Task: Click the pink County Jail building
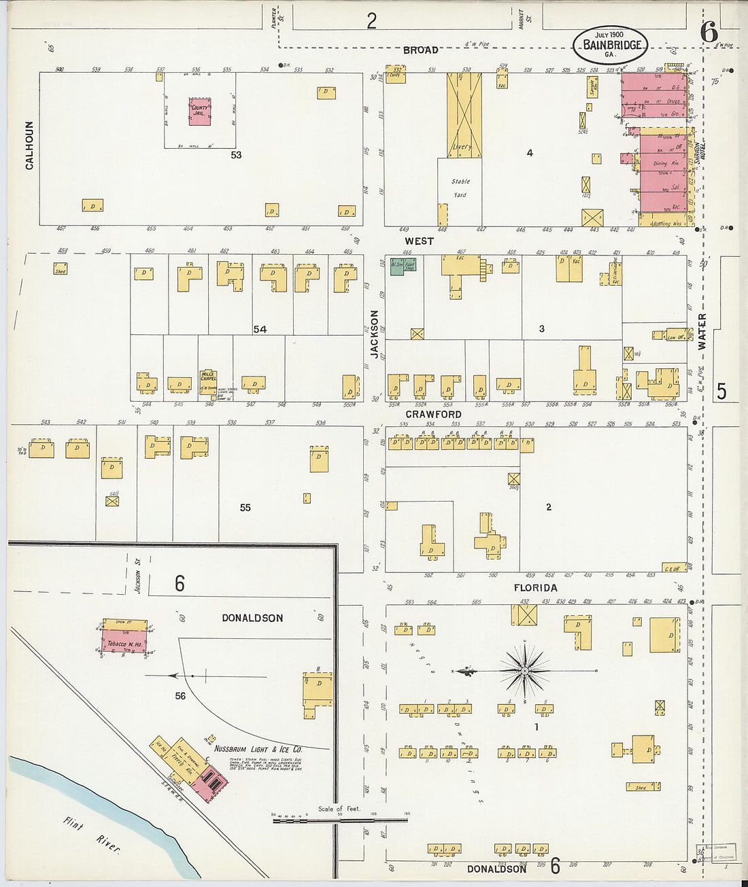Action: [x=199, y=111]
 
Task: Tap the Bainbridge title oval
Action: [x=610, y=44]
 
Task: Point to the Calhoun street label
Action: [x=29, y=145]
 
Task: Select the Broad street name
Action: [x=420, y=50]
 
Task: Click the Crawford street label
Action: [x=433, y=414]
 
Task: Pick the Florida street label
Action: [x=535, y=588]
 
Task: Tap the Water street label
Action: [x=702, y=332]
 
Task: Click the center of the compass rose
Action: [x=525, y=671]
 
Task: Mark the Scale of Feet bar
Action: [x=340, y=820]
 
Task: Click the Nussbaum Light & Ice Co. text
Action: [x=258, y=749]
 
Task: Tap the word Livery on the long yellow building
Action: [x=462, y=147]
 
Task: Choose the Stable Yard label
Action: [x=460, y=188]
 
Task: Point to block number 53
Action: [x=236, y=155]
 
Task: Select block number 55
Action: [x=245, y=508]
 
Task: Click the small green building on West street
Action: [x=403, y=266]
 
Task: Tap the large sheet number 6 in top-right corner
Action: [x=709, y=32]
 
